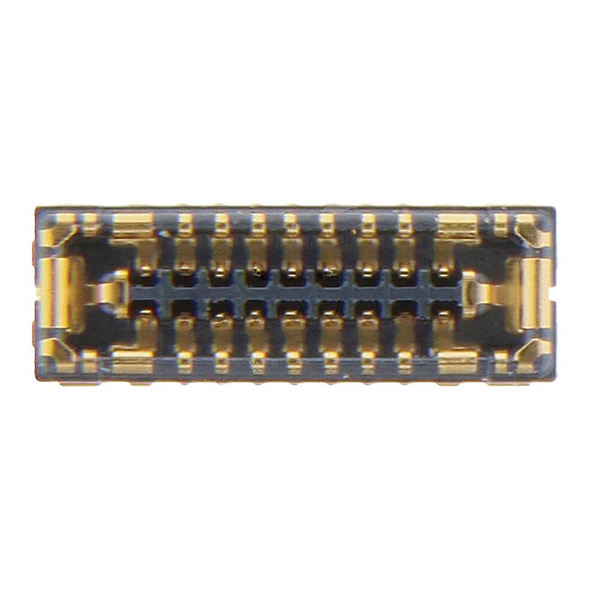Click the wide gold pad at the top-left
click(x=133, y=225)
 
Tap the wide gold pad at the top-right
click(x=458, y=225)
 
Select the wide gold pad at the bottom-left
click(x=133, y=361)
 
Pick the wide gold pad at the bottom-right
click(x=458, y=361)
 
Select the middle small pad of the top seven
click(x=291, y=224)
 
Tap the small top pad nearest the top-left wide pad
click(x=185, y=224)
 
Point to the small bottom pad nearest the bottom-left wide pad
click(x=185, y=361)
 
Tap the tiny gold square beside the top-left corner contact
click(x=90, y=221)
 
